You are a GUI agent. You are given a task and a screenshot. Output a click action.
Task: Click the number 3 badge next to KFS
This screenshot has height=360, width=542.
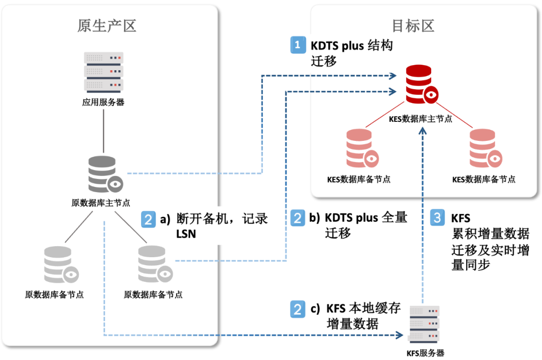[x=438, y=218]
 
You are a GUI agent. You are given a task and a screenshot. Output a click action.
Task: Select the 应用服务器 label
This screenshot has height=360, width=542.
[x=103, y=102]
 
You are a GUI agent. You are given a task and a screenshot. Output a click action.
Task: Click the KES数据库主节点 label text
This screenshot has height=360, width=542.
[x=421, y=119]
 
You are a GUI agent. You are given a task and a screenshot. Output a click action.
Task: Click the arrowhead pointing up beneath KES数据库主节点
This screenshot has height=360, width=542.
[x=423, y=129]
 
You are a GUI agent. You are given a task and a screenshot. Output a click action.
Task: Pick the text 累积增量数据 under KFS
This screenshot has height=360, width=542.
[x=490, y=234]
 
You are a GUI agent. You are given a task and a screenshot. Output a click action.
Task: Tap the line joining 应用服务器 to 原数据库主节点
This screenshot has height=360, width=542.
[x=103, y=130]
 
